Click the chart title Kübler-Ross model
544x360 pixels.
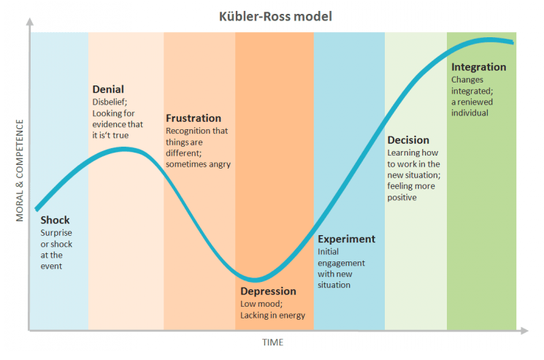point(272,16)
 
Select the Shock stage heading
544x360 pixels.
point(56,220)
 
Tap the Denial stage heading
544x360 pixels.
point(110,90)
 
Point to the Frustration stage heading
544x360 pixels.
point(194,118)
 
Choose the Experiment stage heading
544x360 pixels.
point(346,239)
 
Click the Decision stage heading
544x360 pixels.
point(408,140)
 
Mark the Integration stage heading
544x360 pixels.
point(478,67)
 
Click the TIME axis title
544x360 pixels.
point(273,342)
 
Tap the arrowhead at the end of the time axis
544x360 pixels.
point(524,331)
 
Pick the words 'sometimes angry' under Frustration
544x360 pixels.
point(198,164)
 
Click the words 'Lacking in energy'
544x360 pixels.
point(272,315)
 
